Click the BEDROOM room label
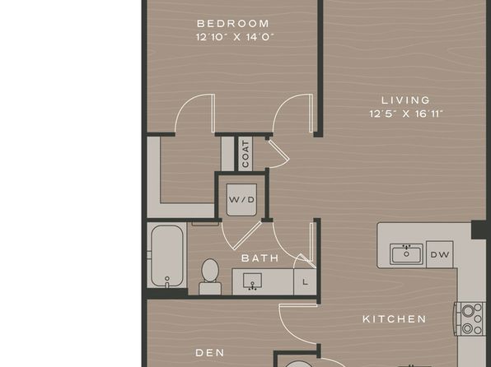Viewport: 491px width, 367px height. [x=233, y=24]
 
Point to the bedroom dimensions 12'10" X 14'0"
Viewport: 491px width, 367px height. [x=235, y=37]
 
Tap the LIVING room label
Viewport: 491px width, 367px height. [x=406, y=100]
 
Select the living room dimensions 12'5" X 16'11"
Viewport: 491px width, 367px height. [x=406, y=114]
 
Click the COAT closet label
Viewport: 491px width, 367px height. [x=245, y=154]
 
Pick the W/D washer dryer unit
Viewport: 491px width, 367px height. [x=241, y=200]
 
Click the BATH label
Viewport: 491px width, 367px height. [x=260, y=258]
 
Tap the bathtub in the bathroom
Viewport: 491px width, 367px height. [x=167, y=256]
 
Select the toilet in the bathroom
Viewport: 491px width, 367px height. [x=210, y=276]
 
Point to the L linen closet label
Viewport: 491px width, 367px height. [x=305, y=282]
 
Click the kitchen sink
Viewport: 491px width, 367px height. [x=406, y=253]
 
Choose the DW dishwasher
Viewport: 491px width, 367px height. [x=440, y=255]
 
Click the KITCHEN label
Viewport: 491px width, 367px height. [x=395, y=319]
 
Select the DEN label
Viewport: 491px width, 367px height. [x=210, y=353]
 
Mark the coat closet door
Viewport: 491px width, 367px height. [x=278, y=153]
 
